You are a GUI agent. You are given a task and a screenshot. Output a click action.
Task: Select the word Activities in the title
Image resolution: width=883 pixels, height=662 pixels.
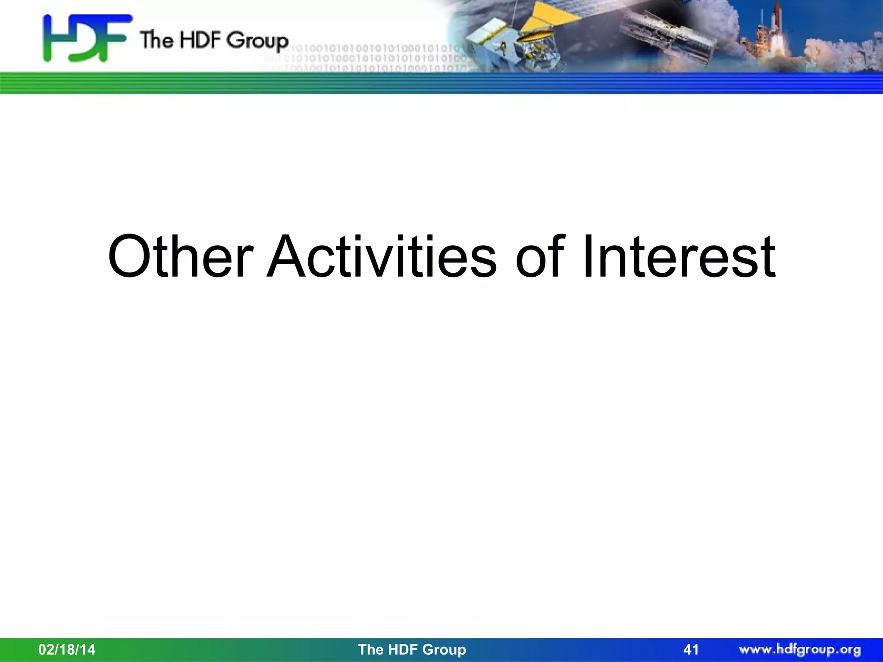point(382,257)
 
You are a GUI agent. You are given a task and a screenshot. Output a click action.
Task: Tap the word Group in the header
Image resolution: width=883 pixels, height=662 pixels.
point(257,41)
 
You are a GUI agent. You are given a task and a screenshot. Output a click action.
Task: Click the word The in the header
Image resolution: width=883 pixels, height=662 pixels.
point(157,40)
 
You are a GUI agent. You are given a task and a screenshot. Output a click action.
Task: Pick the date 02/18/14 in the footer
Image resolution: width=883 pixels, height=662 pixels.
point(67,650)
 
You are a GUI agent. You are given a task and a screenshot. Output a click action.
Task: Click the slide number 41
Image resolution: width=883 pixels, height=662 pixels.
point(691,650)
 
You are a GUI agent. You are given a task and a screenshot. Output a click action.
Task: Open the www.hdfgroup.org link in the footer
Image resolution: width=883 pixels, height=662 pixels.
point(800,650)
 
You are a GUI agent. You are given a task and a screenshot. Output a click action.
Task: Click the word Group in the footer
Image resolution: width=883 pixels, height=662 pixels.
point(445,650)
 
